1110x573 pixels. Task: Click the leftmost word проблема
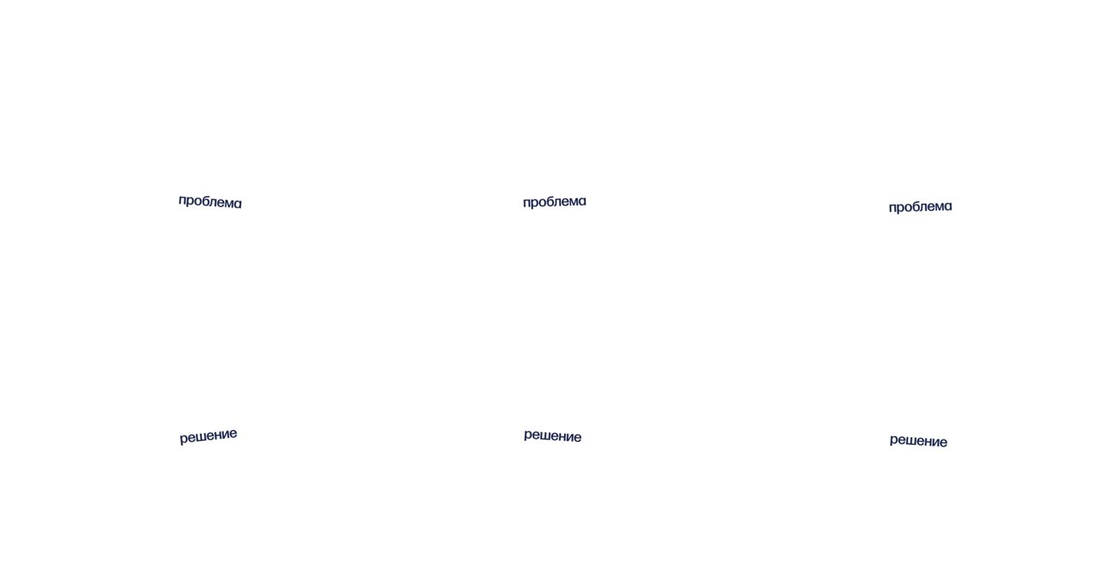click(x=210, y=202)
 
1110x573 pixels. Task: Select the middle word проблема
click(x=554, y=202)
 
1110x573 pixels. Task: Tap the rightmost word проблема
click(x=920, y=207)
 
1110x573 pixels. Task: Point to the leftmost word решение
click(x=208, y=436)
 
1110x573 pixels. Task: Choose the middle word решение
click(x=553, y=436)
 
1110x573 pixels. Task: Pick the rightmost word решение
click(x=918, y=440)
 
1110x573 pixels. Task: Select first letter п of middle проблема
click(x=526, y=203)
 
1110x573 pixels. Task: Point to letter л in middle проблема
click(x=560, y=202)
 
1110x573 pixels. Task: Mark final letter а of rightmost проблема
click(x=947, y=206)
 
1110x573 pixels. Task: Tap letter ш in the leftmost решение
click(x=200, y=437)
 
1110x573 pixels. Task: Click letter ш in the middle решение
click(x=545, y=436)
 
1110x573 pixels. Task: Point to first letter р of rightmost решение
click(x=893, y=440)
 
